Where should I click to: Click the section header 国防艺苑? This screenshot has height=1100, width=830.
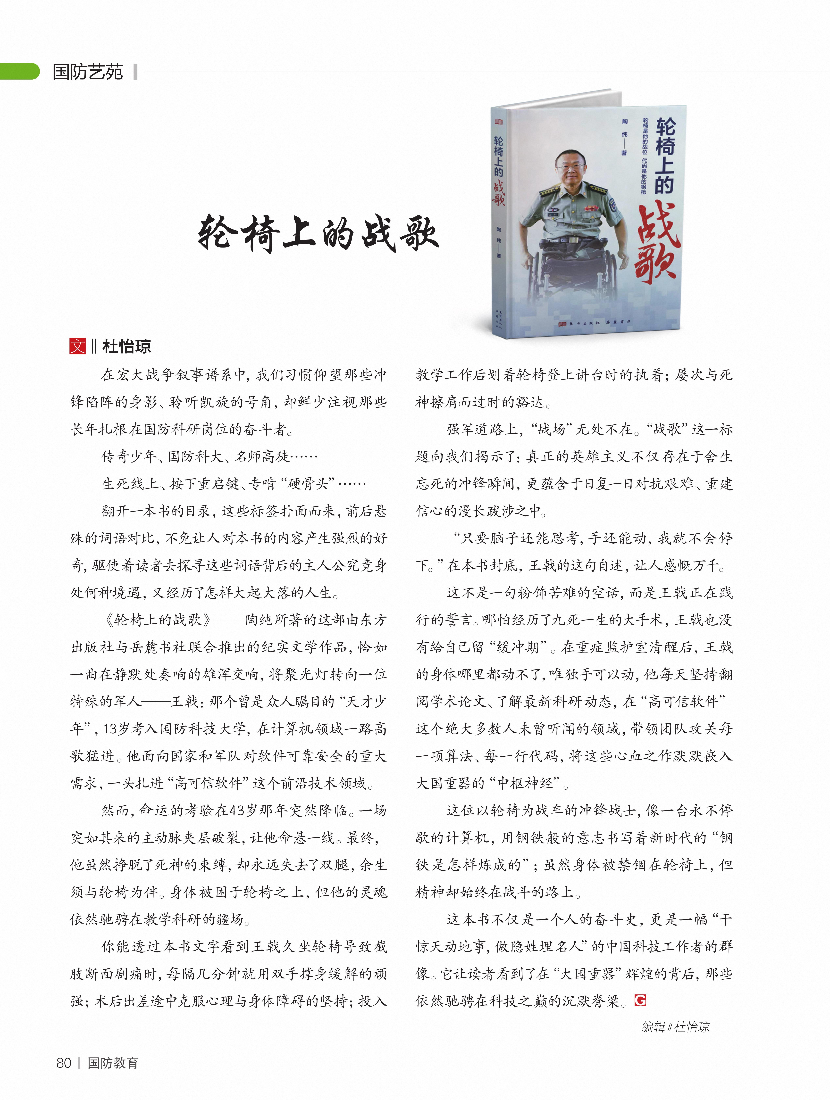[88, 72]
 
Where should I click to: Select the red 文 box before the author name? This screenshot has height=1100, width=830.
[78, 346]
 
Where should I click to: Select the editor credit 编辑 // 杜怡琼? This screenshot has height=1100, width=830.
[675, 1027]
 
